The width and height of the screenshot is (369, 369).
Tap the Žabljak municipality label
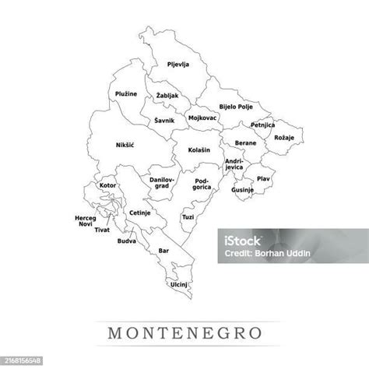[167, 95]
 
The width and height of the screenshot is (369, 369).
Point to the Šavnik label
[163, 120]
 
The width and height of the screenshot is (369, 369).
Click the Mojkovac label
[203, 118]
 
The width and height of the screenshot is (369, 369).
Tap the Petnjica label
[263, 125]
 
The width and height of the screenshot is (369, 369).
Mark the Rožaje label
[281, 137]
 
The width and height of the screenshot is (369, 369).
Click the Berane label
[245, 145]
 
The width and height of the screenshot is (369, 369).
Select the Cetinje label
[140, 213]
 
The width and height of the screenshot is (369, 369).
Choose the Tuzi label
[188, 217]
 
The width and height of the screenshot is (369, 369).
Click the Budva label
[126, 241]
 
